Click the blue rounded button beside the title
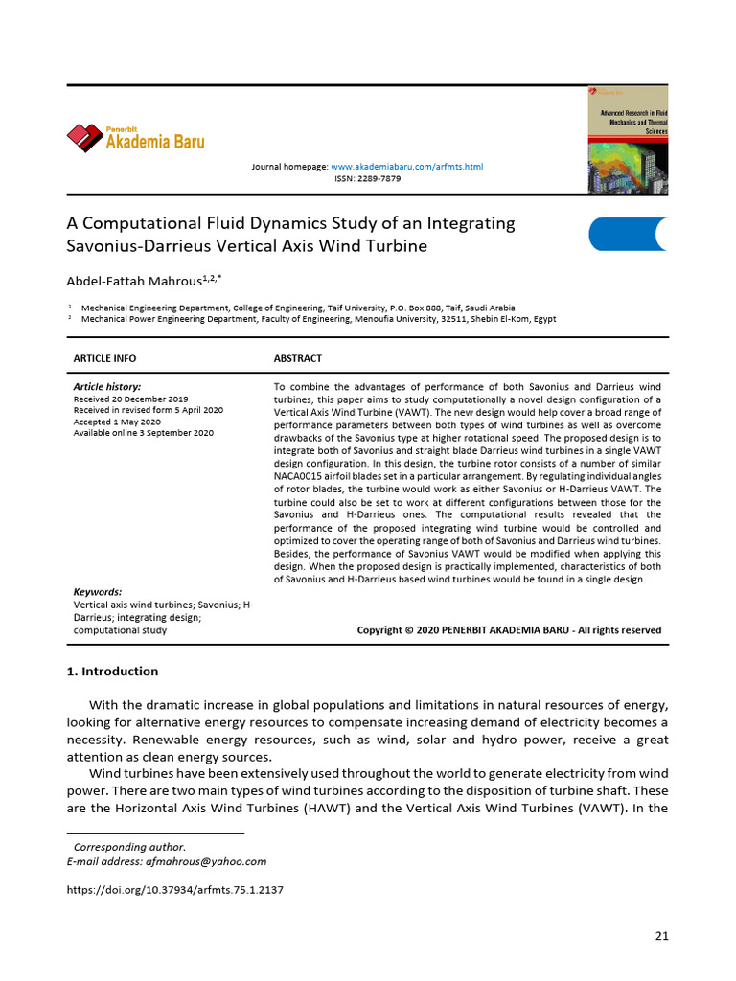pos(627,234)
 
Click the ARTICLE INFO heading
pos(104,358)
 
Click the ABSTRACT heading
pos(298,358)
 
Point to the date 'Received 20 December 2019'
pos(131,399)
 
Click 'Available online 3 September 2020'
pos(144,433)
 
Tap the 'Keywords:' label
pos(98,592)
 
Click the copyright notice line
pos(509,630)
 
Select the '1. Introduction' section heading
pos(112,672)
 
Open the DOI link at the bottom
pos(174,890)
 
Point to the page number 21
pos(661,936)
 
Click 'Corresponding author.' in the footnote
pos(129,847)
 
